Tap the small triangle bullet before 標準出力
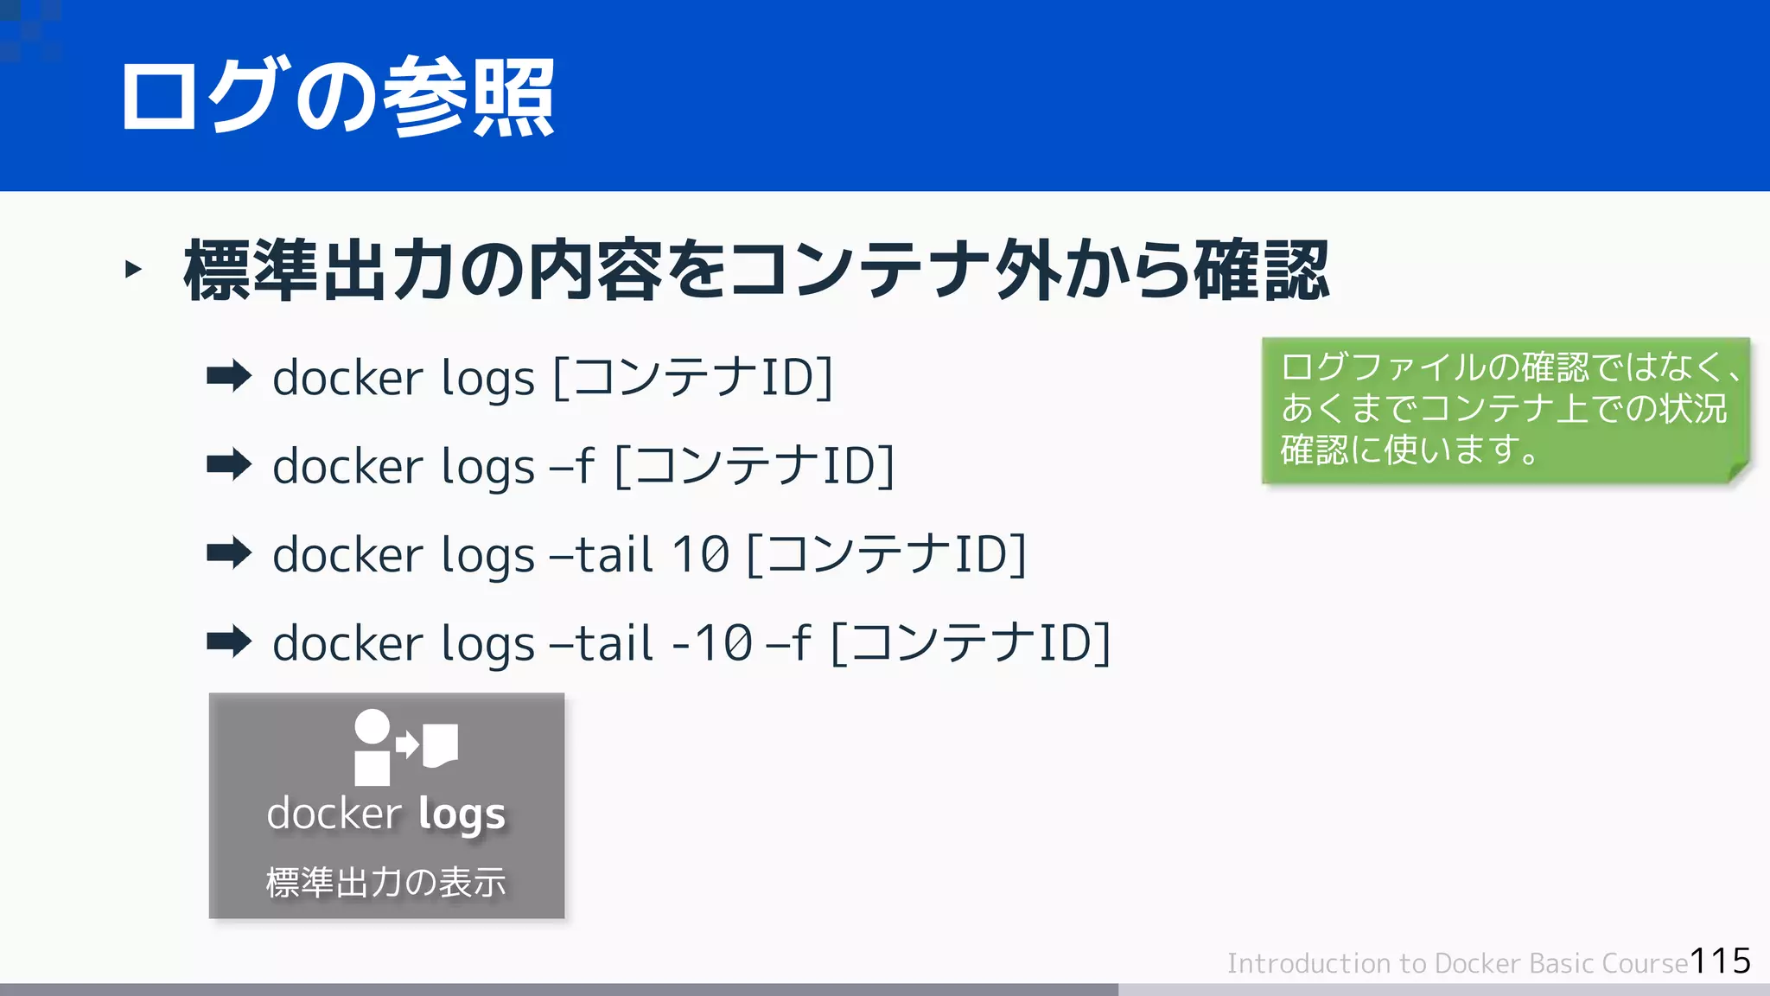pos(133,270)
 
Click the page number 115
pos(1720,961)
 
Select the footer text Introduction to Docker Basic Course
pos(1457,963)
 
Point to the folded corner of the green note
pos(1737,471)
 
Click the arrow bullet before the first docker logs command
pos(229,377)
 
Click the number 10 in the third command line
pos(701,554)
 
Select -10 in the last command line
pos(711,643)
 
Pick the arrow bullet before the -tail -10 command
pos(229,642)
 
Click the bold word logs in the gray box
pos(462,815)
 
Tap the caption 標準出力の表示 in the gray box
pos(385,883)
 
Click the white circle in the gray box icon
pos(372,726)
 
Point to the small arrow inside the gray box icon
pos(407,744)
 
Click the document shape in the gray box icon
pos(440,744)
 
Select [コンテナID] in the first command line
pos(692,378)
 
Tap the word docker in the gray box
pos(334,814)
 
